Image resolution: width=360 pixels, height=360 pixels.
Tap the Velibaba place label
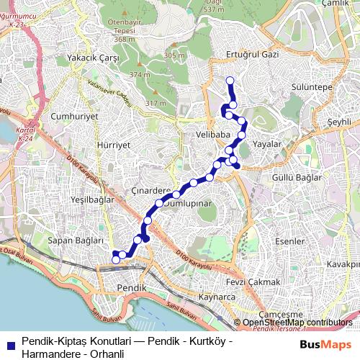pyautogui.click(x=212, y=135)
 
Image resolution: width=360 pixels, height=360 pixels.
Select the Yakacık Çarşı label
pyautogui.click(x=91, y=57)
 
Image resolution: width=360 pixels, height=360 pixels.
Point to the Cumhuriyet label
pyautogui.click(x=74, y=115)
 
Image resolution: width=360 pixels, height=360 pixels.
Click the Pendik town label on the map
pyautogui.click(x=131, y=287)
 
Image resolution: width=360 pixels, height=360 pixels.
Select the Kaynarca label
pyautogui.click(x=217, y=297)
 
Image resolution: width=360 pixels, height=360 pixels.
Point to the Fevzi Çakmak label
pyautogui.click(x=250, y=282)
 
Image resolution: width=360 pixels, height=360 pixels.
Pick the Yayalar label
pyautogui.click(x=266, y=144)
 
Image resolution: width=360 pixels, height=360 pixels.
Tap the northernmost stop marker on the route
pyautogui.click(x=230, y=81)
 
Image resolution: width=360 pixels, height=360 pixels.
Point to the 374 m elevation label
pyautogui.click(x=139, y=74)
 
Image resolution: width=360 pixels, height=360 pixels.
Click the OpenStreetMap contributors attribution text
pyautogui.click(x=297, y=323)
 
